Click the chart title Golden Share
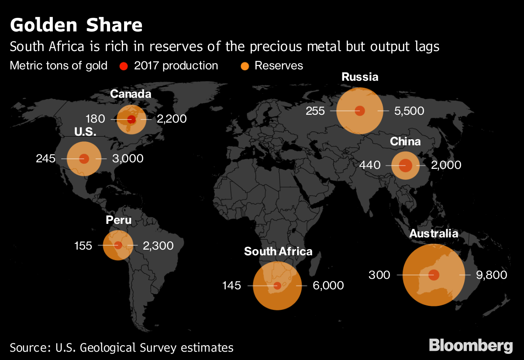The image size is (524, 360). tap(76, 25)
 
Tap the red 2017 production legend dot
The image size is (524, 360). tap(124, 66)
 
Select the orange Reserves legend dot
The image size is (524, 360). tap(245, 66)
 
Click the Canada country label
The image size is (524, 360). tap(131, 94)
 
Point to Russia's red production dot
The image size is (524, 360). tap(360, 110)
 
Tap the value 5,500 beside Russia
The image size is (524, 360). tap(409, 111)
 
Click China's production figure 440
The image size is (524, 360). tap(369, 165)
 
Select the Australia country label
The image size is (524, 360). tap(434, 233)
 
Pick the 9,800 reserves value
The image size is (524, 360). tap(491, 275)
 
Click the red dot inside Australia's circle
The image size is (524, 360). tap(434, 275)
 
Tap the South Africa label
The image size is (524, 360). tap(278, 251)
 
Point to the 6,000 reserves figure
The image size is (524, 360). tap(328, 286)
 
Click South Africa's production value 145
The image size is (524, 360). tap(231, 286)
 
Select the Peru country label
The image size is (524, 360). tap(118, 220)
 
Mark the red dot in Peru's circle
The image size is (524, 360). tap(118, 245)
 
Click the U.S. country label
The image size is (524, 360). tap(85, 131)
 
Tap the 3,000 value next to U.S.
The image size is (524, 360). tap(128, 158)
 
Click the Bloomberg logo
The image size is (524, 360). tap(471, 345)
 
